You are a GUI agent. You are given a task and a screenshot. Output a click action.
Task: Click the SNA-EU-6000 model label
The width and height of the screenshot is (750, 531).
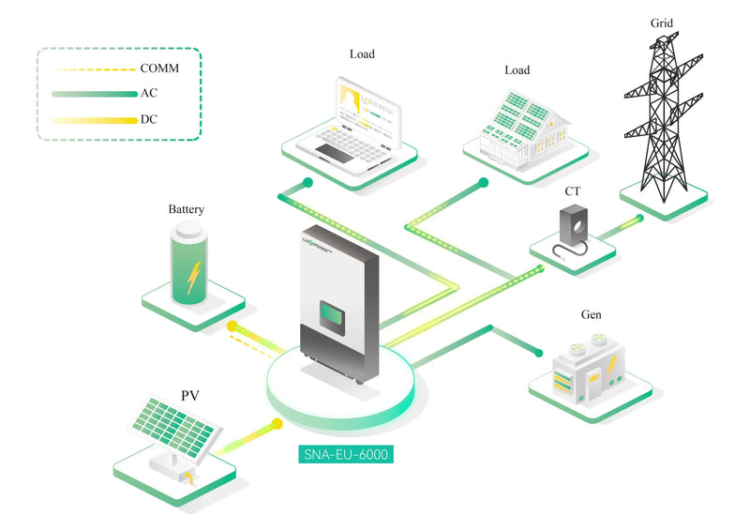346,454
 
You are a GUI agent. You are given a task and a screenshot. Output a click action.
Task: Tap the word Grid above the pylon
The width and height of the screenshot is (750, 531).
662,23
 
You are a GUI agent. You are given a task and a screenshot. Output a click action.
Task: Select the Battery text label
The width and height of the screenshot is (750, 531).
186,209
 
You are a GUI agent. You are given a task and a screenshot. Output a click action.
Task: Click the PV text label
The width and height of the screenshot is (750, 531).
190,396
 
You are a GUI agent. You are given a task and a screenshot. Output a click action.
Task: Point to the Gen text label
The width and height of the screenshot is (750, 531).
592,314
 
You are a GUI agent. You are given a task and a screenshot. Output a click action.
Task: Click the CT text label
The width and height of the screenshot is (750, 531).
573,191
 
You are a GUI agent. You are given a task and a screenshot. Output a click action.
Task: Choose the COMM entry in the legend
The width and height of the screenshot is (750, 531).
159,68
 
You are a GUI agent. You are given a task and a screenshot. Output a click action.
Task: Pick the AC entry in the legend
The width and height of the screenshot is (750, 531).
149,93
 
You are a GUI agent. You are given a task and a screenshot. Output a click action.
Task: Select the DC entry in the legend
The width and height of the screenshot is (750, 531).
149,119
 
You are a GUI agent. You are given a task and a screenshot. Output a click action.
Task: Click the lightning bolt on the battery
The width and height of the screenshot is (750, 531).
193,277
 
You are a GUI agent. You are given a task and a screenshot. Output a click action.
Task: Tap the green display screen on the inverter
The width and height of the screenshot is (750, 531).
332,317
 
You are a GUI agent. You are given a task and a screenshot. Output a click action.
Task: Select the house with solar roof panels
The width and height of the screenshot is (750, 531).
525,130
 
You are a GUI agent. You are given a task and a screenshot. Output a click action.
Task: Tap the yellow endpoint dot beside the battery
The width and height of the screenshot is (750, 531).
232,326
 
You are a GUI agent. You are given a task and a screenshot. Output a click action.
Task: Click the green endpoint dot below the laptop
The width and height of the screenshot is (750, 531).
308,182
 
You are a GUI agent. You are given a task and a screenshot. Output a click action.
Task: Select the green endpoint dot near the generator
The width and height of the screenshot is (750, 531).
539,354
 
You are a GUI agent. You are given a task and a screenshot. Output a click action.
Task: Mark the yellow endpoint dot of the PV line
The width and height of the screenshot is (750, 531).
277,424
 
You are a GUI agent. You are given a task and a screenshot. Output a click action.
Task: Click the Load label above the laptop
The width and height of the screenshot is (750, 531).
362,54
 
